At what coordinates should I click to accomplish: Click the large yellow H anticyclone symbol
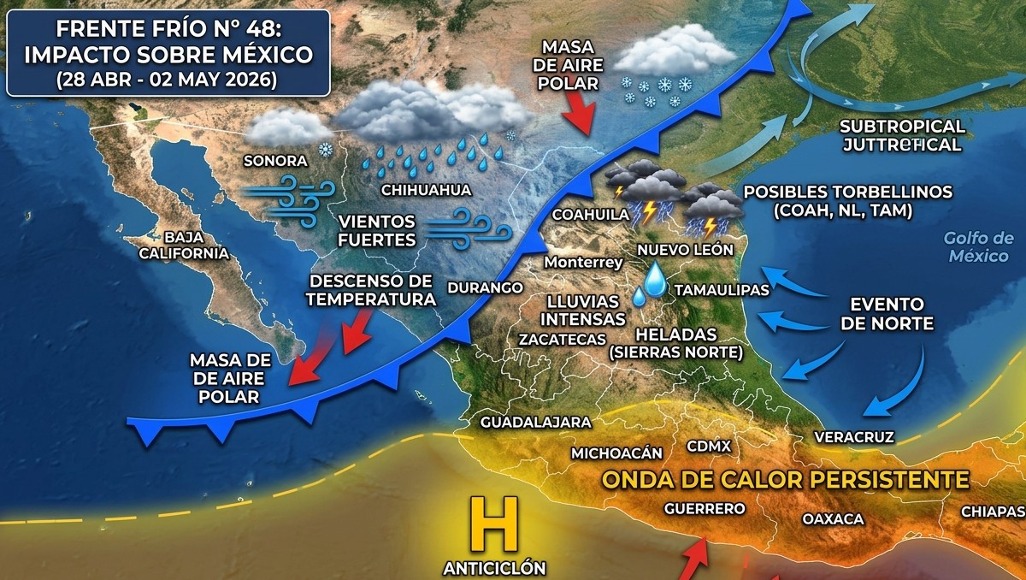(494, 524)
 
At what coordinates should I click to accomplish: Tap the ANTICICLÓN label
(494, 567)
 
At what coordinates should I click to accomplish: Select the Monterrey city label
(584, 263)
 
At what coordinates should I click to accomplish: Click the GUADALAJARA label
(536, 423)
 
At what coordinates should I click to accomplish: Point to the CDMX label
(709, 446)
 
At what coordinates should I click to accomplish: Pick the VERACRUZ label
(854, 437)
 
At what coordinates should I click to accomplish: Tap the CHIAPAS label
(992, 511)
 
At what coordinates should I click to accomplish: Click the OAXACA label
(833, 518)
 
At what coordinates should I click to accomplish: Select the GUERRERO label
(705, 508)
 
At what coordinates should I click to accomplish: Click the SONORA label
(274, 160)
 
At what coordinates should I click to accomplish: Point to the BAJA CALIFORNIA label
(197, 245)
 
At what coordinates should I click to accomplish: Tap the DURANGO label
(484, 287)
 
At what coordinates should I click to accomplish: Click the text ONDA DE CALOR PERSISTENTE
(786, 479)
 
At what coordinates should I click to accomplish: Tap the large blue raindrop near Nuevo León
(657, 279)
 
